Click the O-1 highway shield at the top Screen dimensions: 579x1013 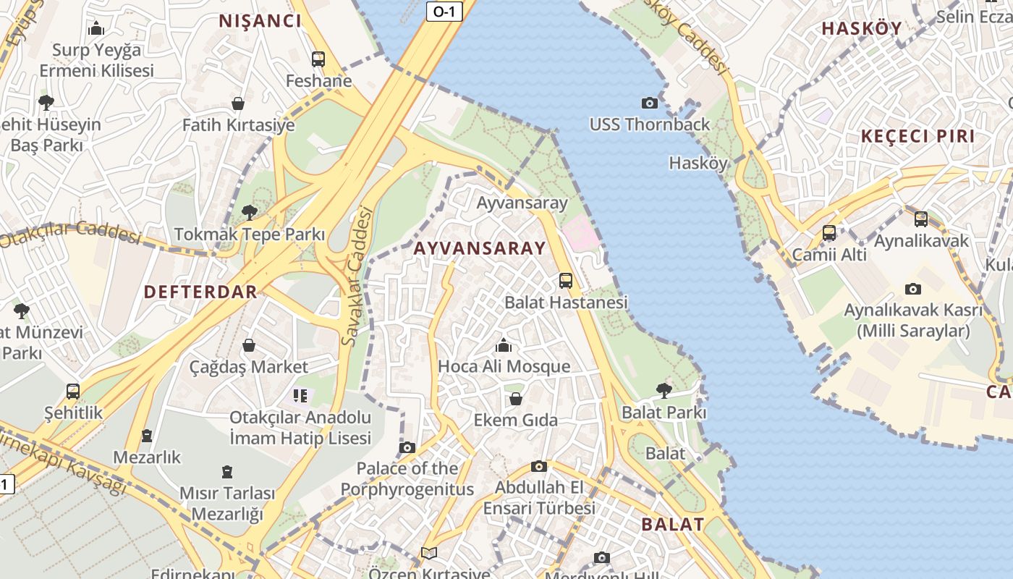pos(444,12)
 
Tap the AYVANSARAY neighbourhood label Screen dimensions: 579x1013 pos(480,248)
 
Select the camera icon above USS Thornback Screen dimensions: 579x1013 pos(650,103)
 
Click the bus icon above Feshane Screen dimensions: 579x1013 pos(318,59)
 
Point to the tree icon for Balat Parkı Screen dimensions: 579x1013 pos(664,391)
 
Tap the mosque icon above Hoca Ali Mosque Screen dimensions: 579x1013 pos(504,345)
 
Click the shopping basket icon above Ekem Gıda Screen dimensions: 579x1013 pos(516,399)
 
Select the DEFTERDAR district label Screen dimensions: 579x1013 pos(200,292)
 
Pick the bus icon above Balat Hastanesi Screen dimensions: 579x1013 pos(566,280)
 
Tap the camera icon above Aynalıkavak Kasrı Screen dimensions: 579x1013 pos(913,289)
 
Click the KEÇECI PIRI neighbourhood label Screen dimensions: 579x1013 pos(917,136)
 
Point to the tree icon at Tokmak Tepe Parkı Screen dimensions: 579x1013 pos(250,213)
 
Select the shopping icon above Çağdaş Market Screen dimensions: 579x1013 pos(249,345)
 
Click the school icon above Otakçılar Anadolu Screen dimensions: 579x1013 pos(300,395)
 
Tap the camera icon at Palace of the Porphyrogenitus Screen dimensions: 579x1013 pos(407,447)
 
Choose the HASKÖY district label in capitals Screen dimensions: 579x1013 pos(862,28)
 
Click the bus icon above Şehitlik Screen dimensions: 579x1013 pos(73,392)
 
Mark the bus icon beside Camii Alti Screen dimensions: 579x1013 pos(829,233)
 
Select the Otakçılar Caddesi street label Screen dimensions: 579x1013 pos(69,234)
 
